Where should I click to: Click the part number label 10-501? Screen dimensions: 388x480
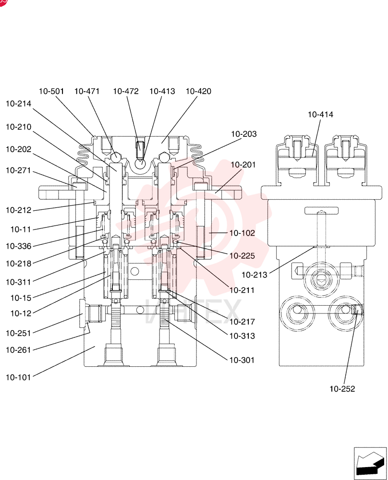(x=51, y=91)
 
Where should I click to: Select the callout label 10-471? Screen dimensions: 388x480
(x=87, y=91)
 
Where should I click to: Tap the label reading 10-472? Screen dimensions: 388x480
(x=126, y=91)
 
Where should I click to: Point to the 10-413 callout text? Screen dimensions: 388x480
(x=162, y=91)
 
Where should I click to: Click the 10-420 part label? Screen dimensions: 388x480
(x=198, y=91)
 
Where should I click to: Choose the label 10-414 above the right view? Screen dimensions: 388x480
(x=320, y=115)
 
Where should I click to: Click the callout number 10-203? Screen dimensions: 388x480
(x=244, y=134)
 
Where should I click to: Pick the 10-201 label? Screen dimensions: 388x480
(x=243, y=165)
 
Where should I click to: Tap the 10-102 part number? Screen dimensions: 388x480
(x=242, y=233)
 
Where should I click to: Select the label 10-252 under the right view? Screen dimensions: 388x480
(x=342, y=389)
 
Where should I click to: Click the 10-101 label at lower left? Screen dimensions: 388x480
(x=18, y=377)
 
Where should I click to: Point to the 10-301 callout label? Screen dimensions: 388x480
(x=242, y=360)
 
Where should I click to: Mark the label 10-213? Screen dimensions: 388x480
(x=255, y=275)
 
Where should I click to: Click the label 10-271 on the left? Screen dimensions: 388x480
(x=18, y=170)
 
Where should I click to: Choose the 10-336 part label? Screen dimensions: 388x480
(x=18, y=246)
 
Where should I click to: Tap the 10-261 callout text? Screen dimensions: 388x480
(x=18, y=350)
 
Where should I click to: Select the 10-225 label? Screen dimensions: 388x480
(x=242, y=256)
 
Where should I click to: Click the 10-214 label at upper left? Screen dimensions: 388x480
(x=18, y=104)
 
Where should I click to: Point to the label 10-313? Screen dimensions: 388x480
(x=242, y=336)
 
